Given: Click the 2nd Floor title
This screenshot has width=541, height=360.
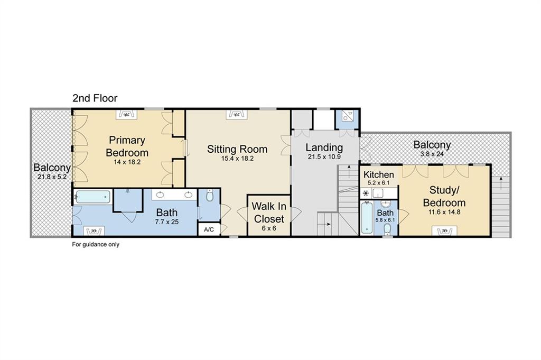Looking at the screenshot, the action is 95,98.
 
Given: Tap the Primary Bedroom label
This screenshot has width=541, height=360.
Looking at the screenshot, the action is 127,146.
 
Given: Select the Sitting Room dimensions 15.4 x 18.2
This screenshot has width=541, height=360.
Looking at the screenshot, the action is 237,159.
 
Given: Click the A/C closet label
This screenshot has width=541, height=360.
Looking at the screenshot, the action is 209,229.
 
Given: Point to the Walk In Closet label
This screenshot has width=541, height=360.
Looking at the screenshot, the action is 269,213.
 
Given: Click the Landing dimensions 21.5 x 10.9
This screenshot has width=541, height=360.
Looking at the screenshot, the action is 324,156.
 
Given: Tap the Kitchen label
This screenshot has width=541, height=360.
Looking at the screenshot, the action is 378,174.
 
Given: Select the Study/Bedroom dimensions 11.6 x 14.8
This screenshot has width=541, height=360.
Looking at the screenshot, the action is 444,212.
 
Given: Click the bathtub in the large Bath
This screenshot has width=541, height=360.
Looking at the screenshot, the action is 93,197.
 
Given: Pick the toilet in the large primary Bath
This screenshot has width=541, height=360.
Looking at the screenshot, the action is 209,196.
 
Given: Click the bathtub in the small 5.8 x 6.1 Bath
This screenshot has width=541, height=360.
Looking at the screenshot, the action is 366,218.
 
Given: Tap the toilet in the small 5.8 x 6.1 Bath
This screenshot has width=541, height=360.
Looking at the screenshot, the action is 387,229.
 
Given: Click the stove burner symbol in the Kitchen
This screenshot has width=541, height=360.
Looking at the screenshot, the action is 366,193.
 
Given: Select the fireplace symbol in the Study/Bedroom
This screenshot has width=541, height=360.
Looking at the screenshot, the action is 444,231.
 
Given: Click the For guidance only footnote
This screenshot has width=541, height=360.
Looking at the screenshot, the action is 96,245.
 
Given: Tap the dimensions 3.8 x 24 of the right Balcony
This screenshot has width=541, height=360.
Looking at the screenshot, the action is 432,154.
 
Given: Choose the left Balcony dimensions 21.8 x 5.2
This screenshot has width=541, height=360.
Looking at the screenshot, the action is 52,177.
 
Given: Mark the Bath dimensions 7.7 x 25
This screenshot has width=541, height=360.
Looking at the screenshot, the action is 167,222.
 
